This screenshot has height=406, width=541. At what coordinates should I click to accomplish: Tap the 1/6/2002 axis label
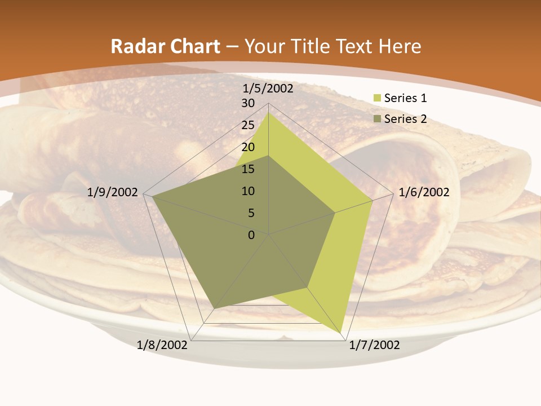tap(424, 192)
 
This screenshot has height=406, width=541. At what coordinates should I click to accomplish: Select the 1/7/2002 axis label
tap(374, 345)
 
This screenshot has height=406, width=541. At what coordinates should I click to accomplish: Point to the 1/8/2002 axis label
tap(162, 345)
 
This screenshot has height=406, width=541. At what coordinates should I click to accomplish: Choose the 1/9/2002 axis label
tap(113, 192)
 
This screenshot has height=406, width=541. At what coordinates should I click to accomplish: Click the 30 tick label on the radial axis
tap(248, 103)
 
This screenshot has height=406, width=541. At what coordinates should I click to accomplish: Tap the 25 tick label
tap(248, 125)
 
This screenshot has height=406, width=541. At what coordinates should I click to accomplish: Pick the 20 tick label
tap(248, 147)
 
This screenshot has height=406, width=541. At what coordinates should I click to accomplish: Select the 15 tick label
tap(248, 169)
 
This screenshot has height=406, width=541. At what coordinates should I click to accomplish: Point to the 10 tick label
tap(248, 191)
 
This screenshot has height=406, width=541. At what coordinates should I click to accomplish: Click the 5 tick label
tap(251, 213)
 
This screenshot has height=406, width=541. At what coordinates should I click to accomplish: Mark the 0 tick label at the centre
tap(251, 235)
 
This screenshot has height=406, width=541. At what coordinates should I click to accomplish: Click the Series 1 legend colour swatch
tap(377, 98)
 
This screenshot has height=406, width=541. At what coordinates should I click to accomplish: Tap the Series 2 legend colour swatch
tap(377, 119)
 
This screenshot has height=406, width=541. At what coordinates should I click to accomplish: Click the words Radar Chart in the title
tap(165, 46)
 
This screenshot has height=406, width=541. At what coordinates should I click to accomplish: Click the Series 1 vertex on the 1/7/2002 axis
tap(342, 332)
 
